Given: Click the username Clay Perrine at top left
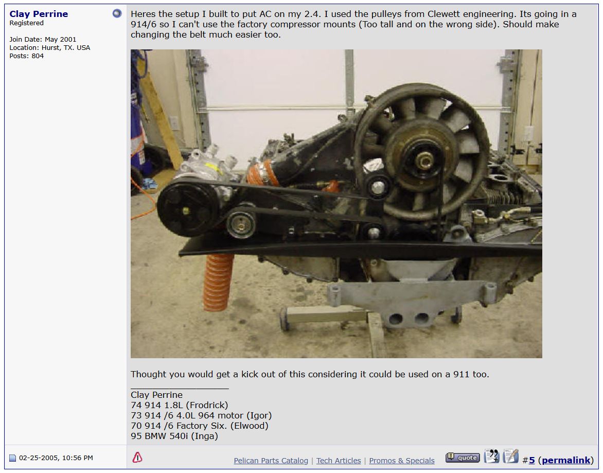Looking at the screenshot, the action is pos(39,14).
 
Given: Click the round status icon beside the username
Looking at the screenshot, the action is pos(117,13).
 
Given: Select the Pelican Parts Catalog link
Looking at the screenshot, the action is pos(271,460).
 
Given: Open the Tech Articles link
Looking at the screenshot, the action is pos(339,460).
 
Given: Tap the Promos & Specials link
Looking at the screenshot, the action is pos(402,460).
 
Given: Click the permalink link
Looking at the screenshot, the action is pos(566,460).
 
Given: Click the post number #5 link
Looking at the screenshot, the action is pos(529,460).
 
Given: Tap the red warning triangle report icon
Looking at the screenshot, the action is pos(137,457).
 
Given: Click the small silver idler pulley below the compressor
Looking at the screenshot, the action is pos(241,223).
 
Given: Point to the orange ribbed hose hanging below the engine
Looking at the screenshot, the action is pos(218,282).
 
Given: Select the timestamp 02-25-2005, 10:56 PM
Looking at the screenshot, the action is pos(56,458).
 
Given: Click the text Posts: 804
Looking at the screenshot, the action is pos(27,56).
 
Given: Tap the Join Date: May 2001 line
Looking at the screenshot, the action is pos(43,39).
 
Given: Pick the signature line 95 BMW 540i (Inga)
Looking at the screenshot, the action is pos(174,436).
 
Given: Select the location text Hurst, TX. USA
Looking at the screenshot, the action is pos(66,48).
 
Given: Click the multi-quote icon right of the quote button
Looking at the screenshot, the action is pos(491,456).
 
